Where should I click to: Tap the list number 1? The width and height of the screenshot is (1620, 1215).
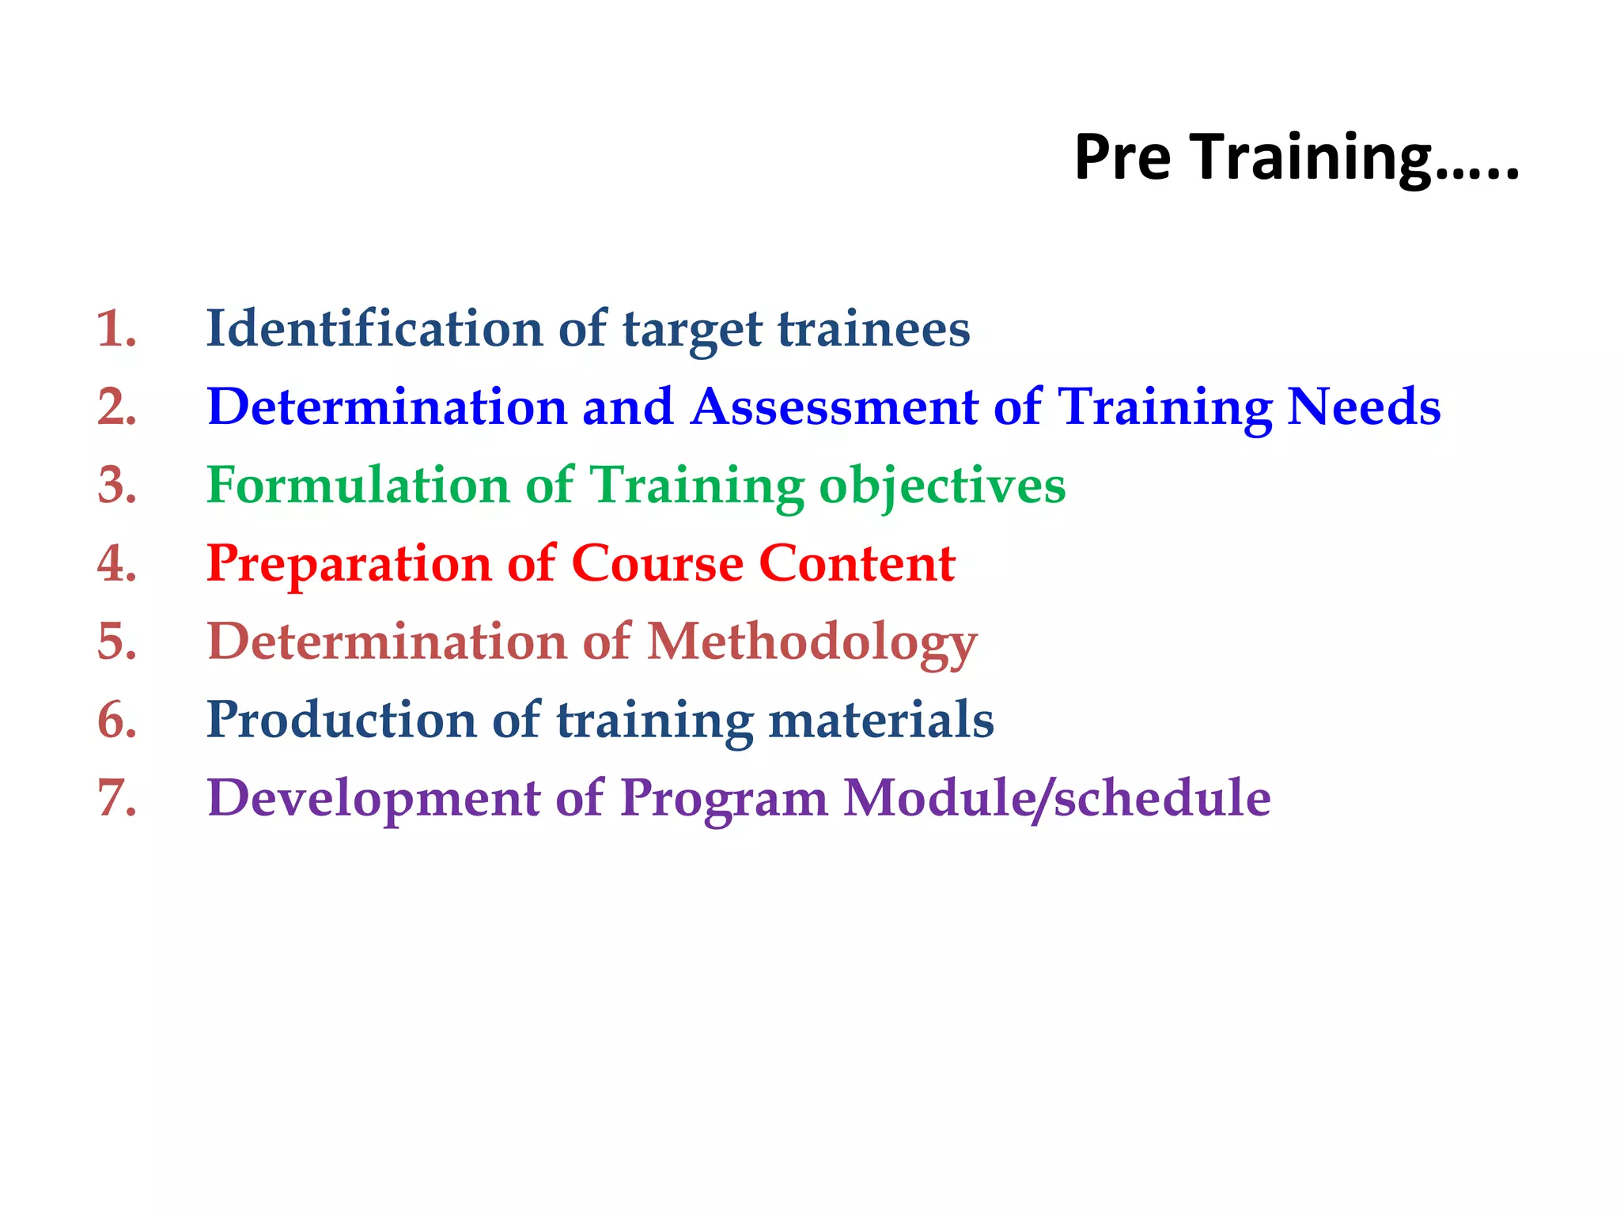click(x=116, y=328)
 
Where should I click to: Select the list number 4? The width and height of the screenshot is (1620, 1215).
click(x=116, y=563)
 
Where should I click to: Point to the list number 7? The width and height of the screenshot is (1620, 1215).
click(x=116, y=797)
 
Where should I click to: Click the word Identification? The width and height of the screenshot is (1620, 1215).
click(x=373, y=328)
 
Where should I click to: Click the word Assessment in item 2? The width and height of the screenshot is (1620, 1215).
click(x=834, y=407)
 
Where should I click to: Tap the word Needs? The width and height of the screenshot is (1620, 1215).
click(x=1364, y=407)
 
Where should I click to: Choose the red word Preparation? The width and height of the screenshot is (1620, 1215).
click(x=348, y=563)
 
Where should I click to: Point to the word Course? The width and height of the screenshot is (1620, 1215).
click(x=657, y=563)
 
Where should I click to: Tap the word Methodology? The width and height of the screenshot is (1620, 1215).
click(x=812, y=642)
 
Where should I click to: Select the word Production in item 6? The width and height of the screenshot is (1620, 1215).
click(x=341, y=720)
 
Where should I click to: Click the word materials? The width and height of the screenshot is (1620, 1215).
click(x=880, y=720)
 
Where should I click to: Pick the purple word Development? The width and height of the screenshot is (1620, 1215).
click(x=373, y=797)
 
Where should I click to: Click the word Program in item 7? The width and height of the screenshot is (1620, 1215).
click(x=723, y=797)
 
